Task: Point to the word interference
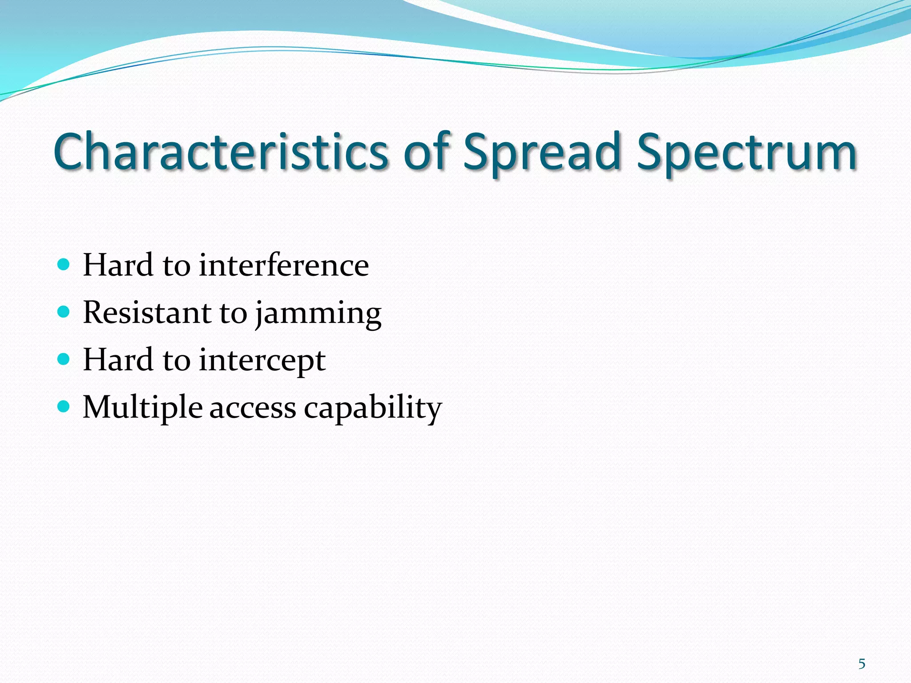point(284,265)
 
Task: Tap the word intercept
point(262,360)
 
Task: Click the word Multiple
point(142,407)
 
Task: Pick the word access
point(252,408)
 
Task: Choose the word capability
point(373,407)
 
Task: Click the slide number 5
point(862,664)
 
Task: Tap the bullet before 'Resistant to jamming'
point(64,312)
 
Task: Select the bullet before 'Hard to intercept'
point(64,359)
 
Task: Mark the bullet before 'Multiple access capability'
point(64,406)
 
